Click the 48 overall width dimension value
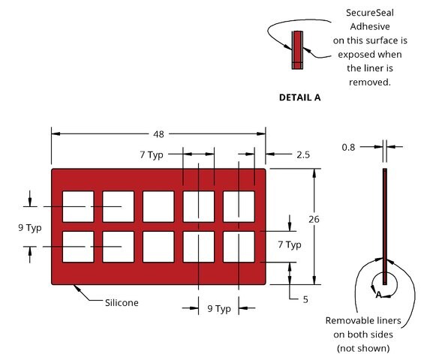coord(158,134)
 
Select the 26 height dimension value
coord(314,219)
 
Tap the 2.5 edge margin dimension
coord(303,154)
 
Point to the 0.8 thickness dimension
coord(348,147)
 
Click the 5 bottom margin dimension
coord(305,299)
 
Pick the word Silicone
coord(122,302)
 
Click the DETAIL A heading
coord(299,97)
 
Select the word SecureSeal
coord(369,13)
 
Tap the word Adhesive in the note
coord(370,27)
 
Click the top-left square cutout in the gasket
coord(78,206)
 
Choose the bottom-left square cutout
coord(78,247)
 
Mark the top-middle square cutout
coord(158,206)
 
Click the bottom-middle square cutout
coord(158,247)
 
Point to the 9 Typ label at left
coord(30,228)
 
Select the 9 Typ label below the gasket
coord(219,308)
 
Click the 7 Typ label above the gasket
coord(152,154)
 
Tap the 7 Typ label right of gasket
coord(290,244)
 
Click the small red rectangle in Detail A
coord(297,50)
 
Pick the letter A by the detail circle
coord(378,295)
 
